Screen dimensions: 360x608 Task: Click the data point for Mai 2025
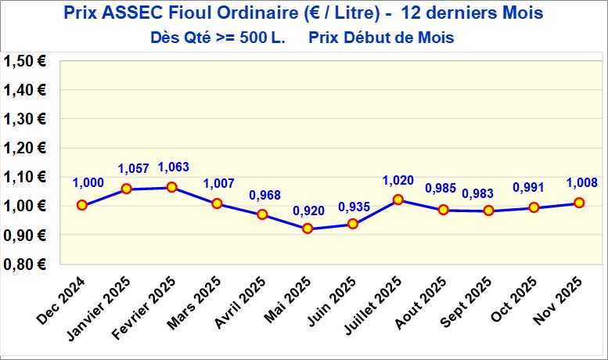[x=308, y=229]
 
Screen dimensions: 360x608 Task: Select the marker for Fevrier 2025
[x=171, y=187]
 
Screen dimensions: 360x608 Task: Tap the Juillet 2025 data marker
[x=398, y=200]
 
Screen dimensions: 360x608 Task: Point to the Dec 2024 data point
[x=81, y=205]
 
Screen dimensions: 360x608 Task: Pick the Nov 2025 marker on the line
[x=580, y=203]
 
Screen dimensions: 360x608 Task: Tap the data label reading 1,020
[x=398, y=180]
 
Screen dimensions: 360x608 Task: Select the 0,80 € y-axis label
[x=24, y=265]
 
